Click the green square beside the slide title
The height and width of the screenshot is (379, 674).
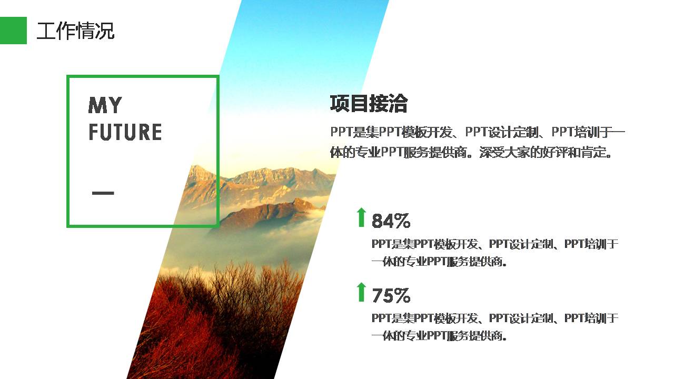(13, 31)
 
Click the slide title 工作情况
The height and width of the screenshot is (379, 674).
(75, 31)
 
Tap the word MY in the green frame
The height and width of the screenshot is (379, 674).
(105, 106)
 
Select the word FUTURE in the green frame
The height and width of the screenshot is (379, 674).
(125, 132)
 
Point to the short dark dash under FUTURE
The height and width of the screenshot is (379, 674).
(103, 193)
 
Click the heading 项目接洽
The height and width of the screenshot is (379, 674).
(369, 104)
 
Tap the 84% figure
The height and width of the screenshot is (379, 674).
(391, 221)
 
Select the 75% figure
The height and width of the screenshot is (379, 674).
(391, 296)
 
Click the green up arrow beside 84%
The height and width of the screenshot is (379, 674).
(361, 217)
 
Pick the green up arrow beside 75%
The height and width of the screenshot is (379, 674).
(361, 292)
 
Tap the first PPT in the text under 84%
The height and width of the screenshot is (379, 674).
(380, 244)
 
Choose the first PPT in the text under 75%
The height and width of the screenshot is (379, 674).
(380, 318)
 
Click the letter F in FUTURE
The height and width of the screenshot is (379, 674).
(93, 132)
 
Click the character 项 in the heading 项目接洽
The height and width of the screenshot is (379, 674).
(340, 104)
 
